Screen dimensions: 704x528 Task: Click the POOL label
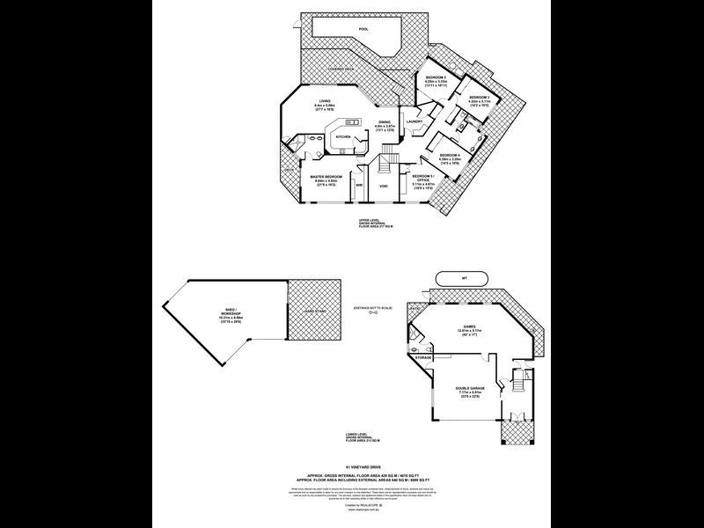click(x=363, y=29)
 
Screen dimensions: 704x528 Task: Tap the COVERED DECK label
click(x=341, y=68)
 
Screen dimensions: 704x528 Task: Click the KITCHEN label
click(x=344, y=137)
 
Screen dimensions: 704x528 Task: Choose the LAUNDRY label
click(x=415, y=121)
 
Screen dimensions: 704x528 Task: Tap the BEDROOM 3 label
click(x=479, y=96)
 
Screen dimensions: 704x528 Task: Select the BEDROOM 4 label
click(x=451, y=156)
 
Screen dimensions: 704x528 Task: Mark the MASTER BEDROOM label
click(x=326, y=177)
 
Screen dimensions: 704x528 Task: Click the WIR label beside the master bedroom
click(x=360, y=186)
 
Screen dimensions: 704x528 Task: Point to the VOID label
click(x=384, y=186)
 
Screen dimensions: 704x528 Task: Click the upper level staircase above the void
click(x=385, y=165)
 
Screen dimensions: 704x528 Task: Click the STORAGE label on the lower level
click(x=424, y=358)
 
